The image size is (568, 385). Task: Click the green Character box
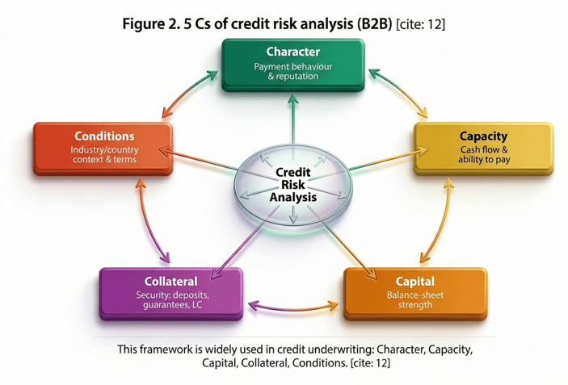click(292, 64)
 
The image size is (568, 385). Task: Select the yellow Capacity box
click(483, 148)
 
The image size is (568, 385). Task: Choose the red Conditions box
click(103, 148)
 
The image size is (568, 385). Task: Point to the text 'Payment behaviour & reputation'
click(292, 72)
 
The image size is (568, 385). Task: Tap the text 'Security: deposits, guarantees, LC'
click(170, 301)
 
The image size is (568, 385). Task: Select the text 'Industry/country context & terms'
click(103, 154)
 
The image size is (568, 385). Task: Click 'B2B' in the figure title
click(372, 24)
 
